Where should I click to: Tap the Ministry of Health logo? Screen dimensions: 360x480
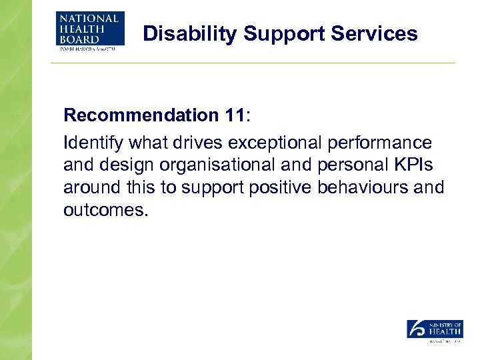(435, 331)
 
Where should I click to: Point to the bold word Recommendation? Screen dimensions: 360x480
(139, 115)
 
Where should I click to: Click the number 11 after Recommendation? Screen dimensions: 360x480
(234, 115)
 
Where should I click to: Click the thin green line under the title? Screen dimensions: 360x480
(253, 63)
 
